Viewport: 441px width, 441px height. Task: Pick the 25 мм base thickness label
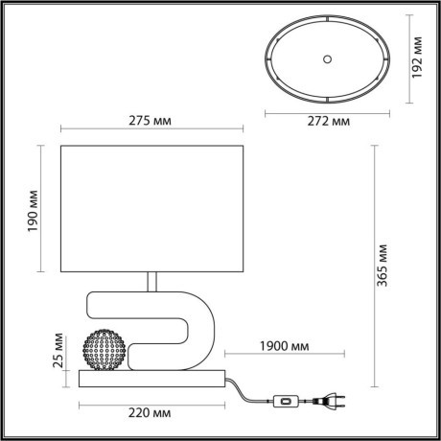coord(58,354)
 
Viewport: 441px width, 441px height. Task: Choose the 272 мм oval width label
coord(325,123)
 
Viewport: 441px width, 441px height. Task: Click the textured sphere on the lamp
coord(104,351)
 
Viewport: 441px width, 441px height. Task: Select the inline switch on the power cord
coord(284,401)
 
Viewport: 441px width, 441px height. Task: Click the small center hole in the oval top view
coord(326,58)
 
